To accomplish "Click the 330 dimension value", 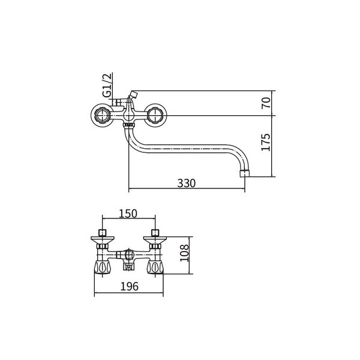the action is point(186,183).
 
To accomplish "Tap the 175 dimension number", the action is point(266,142).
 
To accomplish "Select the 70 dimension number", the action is point(266,103).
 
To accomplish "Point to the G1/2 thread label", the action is point(107,85).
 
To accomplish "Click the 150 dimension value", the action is point(128,214).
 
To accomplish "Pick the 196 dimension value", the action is point(129,286).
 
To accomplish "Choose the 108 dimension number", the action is point(184,253).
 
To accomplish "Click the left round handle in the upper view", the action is point(101,115).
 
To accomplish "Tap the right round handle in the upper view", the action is point(156,115).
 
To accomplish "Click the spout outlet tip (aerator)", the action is point(245,173).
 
